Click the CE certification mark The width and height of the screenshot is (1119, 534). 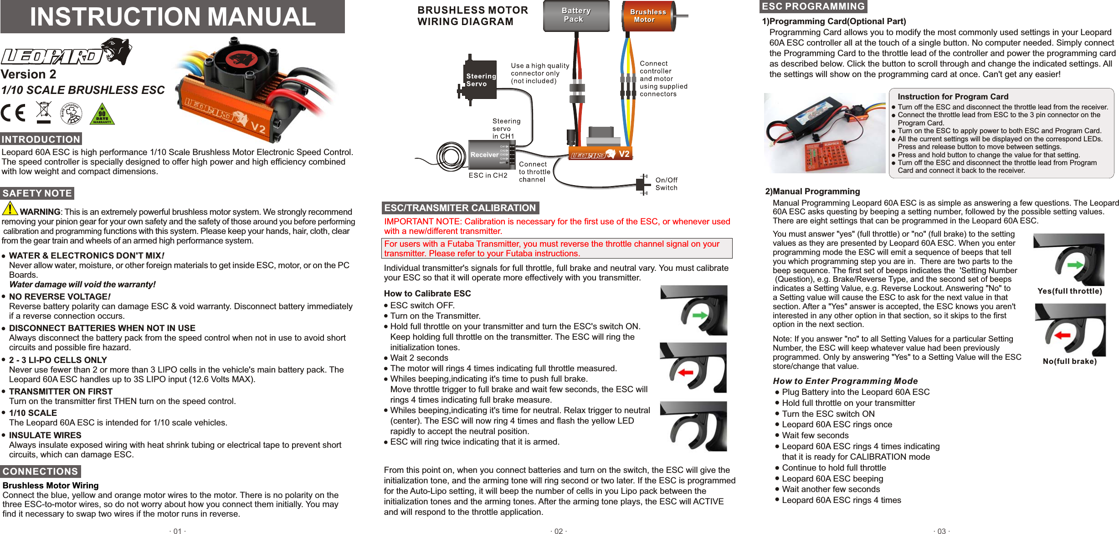(13, 113)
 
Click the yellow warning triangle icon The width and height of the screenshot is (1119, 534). (10, 208)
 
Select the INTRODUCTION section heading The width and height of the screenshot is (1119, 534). (41, 139)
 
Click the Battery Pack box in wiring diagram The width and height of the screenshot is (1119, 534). (576, 16)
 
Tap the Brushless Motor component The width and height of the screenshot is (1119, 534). (648, 16)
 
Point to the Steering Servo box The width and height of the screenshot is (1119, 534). (480, 80)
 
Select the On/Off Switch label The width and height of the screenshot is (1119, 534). (666, 184)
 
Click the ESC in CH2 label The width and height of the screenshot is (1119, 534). (488, 176)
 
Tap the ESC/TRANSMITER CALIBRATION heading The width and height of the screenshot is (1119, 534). (460, 208)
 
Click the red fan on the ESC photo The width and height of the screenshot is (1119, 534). (241, 60)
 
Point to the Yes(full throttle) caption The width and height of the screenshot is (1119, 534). (1069, 291)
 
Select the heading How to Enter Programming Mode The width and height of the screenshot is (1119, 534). (845, 381)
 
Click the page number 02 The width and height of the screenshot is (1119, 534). (558, 531)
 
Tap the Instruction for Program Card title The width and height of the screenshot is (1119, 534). (952, 97)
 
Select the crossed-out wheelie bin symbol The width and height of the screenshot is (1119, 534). (44, 112)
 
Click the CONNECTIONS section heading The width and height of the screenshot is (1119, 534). (40, 471)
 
